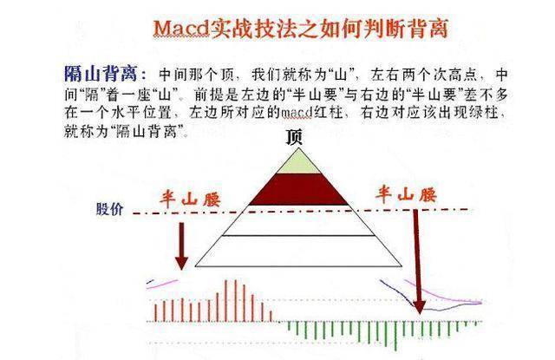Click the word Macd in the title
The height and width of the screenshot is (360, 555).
pos(181,29)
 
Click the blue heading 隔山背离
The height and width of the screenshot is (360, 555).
pos(101,74)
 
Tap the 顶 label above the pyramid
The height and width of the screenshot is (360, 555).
pos(294,137)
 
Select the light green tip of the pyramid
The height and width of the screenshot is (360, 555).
pos(298,164)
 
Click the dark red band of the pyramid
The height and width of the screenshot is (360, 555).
pos(298,189)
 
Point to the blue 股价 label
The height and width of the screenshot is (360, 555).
pos(110,209)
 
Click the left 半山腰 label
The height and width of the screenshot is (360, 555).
pos(190,199)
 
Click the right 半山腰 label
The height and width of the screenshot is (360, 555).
pos(406,195)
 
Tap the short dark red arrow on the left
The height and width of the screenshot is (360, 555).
pos(181,246)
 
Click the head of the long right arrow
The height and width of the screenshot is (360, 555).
pos(420,307)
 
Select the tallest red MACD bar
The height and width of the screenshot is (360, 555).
pos(226,301)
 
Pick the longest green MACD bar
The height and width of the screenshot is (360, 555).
pos(395,336)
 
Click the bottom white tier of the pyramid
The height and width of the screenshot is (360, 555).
pos(298,252)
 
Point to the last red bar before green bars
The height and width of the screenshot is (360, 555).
pos(271,316)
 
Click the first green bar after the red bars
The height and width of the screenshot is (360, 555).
pos(289,326)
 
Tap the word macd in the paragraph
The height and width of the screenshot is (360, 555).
pos(297,114)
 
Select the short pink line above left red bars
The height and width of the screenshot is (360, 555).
pos(162,285)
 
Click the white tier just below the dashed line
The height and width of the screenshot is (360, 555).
pos(298,224)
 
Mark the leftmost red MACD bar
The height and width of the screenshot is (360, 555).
pos(155,313)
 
